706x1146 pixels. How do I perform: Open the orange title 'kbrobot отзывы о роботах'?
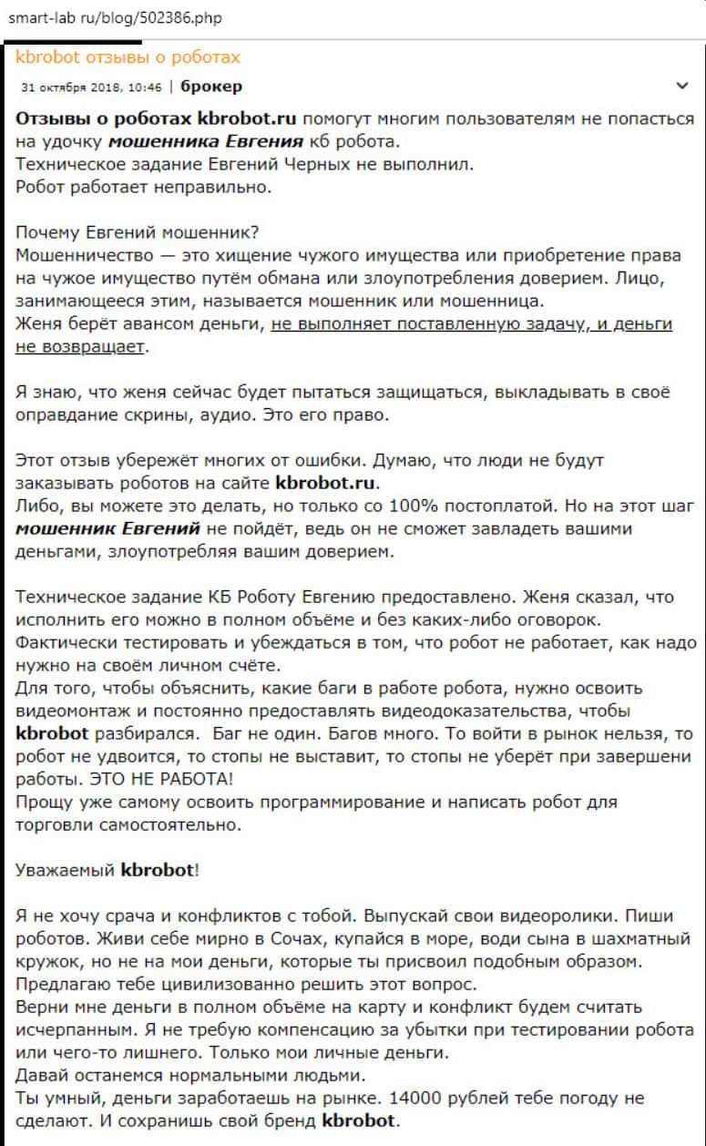tap(128, 57)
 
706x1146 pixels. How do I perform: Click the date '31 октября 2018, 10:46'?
tap(90, 87)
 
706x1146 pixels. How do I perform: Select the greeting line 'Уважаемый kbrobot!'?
tap(107, 870)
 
